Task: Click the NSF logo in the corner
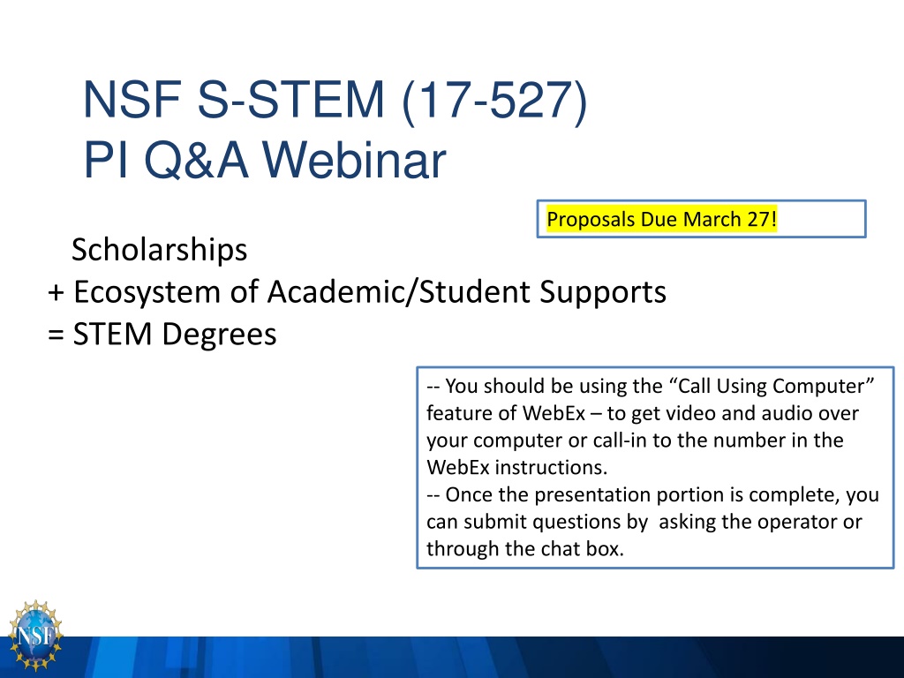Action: tap(34, 636)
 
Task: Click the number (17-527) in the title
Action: tap(494, 101)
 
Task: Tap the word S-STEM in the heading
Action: tap(290, 100)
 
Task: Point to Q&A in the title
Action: tap(196, 161)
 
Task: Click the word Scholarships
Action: tap(159, 250)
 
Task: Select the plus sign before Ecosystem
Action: tap(56, 292)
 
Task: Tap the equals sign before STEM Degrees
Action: tap(56, 335)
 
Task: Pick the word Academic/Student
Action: tap(399, 291)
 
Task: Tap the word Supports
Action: tap(602, 292)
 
